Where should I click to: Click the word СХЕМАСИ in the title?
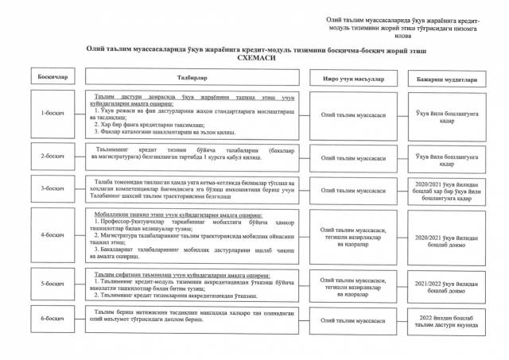[254, 58]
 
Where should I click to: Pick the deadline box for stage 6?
[446, 320]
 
